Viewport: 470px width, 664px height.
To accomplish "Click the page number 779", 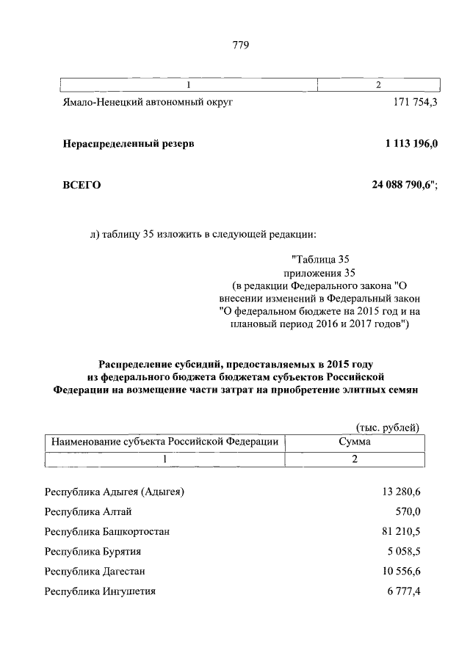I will click(x=241, y=45).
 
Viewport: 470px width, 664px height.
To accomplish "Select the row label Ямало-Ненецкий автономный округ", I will click(x=147, y=103).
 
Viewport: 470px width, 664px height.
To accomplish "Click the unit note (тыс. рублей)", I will click(x=388, y=426).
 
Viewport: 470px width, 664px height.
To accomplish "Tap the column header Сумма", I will click(x=355, y=442).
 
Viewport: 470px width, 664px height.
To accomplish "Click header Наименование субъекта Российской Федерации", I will click(x=164, y=442).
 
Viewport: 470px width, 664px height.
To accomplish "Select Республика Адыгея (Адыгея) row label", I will click(x=114, y=491).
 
